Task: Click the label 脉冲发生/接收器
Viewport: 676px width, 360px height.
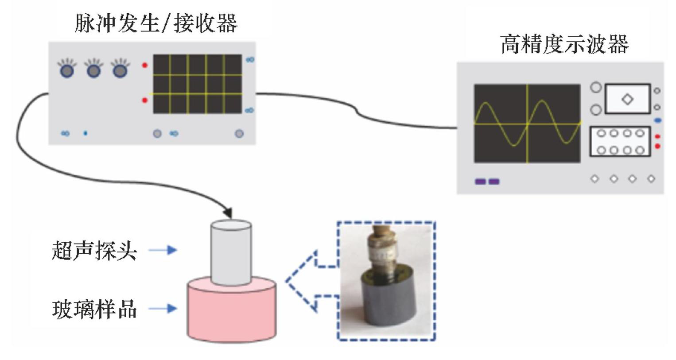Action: (x=156, y=23)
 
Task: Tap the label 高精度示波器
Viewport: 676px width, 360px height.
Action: (x=564, y=44)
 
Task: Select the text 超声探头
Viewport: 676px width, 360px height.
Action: (x=94, y=251)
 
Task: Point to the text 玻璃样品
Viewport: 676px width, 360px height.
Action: (x=94, y=309)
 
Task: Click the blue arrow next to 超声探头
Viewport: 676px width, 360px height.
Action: (x=163, y=250)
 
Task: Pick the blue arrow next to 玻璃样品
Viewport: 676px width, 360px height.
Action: (x=163, y=309)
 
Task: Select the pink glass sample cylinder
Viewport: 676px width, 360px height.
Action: (x=232, y=314)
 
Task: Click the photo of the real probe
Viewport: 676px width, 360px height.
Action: (x=386, y=281)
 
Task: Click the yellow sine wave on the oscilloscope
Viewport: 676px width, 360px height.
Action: (x=501, y=123)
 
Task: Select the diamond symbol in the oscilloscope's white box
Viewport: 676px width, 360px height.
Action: (x=627, y=99)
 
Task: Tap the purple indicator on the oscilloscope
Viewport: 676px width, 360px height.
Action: (x=487, y=182)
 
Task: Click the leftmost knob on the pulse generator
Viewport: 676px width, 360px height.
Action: (x=66, y=70)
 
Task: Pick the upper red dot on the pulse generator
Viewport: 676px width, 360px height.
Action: (x=144, y=66)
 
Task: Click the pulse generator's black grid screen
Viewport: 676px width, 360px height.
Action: (x=198, y=84)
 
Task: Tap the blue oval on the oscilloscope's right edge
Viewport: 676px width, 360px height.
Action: (x=658, y=120)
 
